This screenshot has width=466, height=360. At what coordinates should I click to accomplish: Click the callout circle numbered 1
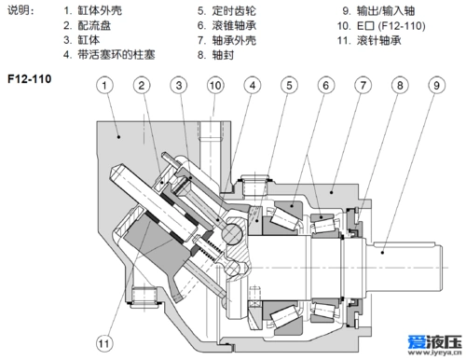pyautogui.click(x=106, y=87)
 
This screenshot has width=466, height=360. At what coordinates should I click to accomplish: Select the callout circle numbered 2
pyautogui.click(x=142, y=87)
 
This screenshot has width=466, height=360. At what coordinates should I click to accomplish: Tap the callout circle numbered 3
pyautogui.click(x=179, y=87)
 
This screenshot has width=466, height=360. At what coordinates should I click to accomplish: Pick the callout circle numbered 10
pyautogui.click(x=215, y=87)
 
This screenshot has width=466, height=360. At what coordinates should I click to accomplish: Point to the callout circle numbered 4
pyautogui.click(x=252, y=87)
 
